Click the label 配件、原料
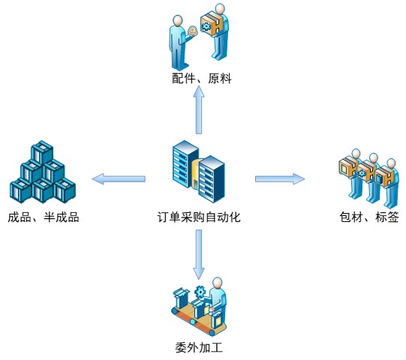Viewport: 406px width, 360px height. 201,78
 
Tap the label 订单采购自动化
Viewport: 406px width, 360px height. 199,217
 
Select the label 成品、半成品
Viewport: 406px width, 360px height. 44,217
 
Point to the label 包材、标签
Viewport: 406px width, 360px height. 369,217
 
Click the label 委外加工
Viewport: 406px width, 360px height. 199,347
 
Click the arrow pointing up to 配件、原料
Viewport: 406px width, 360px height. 199,109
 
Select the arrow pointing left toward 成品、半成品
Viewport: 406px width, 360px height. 119,178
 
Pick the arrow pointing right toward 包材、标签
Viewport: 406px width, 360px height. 280,178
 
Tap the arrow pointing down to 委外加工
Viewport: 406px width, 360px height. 199,254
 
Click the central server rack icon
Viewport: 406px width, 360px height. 199,172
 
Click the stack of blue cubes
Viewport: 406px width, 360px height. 43,172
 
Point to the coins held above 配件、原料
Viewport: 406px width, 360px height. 192,31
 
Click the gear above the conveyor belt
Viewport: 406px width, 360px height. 200,292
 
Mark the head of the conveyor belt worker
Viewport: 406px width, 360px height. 217,283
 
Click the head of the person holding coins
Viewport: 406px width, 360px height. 178,21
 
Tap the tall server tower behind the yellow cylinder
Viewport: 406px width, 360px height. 185,163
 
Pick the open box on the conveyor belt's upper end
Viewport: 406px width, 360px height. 182,298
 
